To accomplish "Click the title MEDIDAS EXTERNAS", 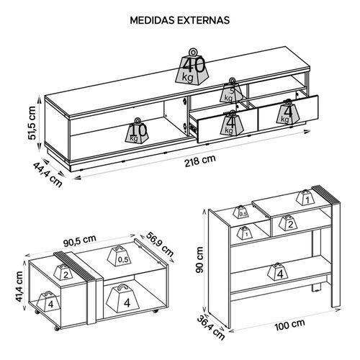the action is tap(180, 20).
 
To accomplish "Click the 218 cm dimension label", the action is tap(200, 161).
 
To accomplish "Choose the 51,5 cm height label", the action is tap(32, 123).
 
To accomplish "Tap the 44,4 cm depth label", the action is tap(48, 174).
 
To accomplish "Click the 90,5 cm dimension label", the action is tap(80, 240).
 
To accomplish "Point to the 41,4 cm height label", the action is tap(18, 287).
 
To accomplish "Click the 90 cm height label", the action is tap(199, 260).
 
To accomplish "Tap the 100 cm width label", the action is tap(289, 325).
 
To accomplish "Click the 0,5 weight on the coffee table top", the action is tap(120, 256).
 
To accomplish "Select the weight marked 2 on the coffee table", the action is tap(63, 271).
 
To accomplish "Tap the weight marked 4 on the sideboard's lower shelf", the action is tap(278, 271).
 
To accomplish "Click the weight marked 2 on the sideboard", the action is tap(288, 222).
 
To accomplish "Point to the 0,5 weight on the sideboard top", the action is tap(241, 212).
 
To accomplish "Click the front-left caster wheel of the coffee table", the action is tap(57, 328).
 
